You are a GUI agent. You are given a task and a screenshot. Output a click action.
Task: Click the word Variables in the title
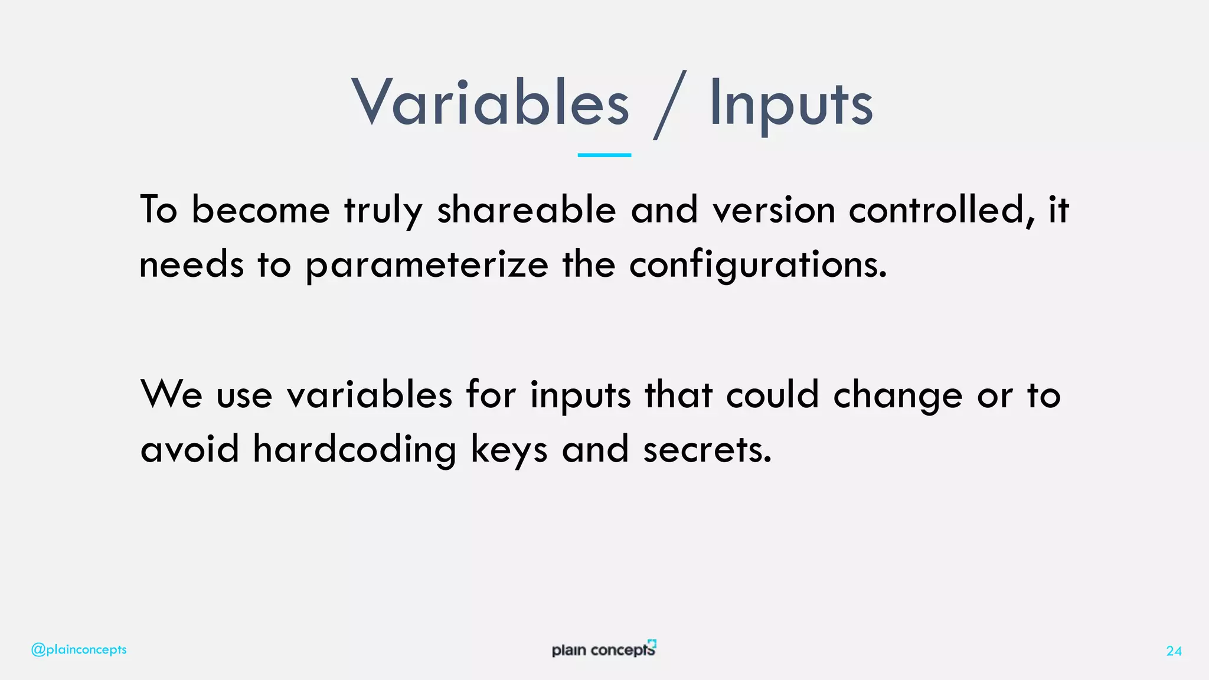pyautogui.click(x=491, y=104)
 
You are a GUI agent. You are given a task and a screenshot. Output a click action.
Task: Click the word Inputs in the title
pyautogui.click(x=790, y=105)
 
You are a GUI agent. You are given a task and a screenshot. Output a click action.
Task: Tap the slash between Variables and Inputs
pyautogui.click(x=670, y=105)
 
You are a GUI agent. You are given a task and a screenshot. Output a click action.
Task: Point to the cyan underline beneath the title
pyautogui.click(x=604, y=155)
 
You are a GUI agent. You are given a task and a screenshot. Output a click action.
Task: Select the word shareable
pyautogui.click(x=526, y=210)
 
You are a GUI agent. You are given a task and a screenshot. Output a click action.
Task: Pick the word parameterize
pyautogui.click(x=427, y=265)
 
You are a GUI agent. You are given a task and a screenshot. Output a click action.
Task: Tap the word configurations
pyautogui.click(x=757, y=265)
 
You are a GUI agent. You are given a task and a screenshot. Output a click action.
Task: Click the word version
pyautogui.click(x=773, y=210)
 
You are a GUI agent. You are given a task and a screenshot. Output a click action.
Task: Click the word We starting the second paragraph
pyautogui.click(x=171, y=394)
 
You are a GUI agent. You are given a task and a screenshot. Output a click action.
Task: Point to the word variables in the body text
pyautogui.click(x=370, y=394)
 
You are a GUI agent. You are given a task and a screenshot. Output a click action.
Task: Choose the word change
pyautogui.click(x=898, y=395)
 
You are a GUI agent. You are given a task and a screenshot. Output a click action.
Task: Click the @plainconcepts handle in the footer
pyautogui.click(x=79, y=650)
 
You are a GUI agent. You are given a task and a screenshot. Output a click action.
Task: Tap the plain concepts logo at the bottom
pyautogui.click(x=603, y=649)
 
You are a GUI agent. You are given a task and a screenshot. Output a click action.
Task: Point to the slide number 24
pyautogui.click(x=1174, y=651)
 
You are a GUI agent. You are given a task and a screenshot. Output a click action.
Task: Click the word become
pyautogui.click(x=260, y=210)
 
